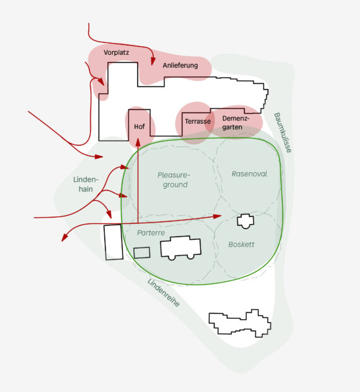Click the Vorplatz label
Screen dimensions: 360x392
point(116,52)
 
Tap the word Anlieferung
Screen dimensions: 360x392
point(180,66)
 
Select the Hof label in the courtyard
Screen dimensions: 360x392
point(140,126)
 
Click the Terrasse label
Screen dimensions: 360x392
point(198,121)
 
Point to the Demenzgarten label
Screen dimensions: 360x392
point(236,122)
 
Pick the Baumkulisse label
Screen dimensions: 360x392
point(283,133)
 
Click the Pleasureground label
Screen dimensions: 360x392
point(174,180)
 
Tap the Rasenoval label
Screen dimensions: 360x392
point(249,174)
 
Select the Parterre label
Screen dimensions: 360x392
point(151,233)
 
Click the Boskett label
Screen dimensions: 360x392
point(241,244)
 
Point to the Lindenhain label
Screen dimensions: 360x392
point(86,184)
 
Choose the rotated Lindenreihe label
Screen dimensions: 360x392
point(164,292)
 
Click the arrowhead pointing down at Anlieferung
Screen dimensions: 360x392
point(153,61)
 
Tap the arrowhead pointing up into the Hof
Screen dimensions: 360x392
point(138,142)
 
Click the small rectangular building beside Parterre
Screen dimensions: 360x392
point(142,252)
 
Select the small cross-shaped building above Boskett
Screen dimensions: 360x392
point(246,221)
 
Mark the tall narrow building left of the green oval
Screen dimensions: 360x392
point(114,242)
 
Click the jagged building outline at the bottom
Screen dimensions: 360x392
point(239,323)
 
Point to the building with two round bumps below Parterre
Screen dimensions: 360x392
point(181,247)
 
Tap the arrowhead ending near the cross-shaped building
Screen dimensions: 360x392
point(217,217)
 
